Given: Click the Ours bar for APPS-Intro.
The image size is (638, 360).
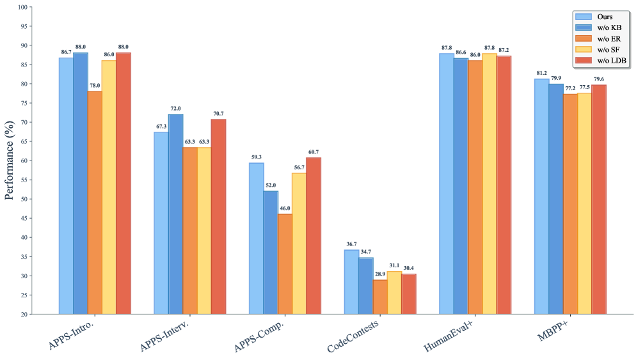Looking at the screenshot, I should click(x=66, y=185).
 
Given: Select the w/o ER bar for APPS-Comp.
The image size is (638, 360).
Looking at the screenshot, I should click(x=285, y=263).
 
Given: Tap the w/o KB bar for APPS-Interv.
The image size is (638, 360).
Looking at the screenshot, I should click(x=175, y=214).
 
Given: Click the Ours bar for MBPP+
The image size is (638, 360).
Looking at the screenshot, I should click(x=541, y=196).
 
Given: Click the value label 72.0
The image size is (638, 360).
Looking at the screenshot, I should click(x=175, y=108).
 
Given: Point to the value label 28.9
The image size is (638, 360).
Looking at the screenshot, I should click(x=380, y=274).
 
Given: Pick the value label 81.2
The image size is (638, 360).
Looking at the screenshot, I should click(x=541, y=73).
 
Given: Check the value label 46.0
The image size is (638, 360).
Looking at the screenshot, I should click(x=285, y=208).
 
